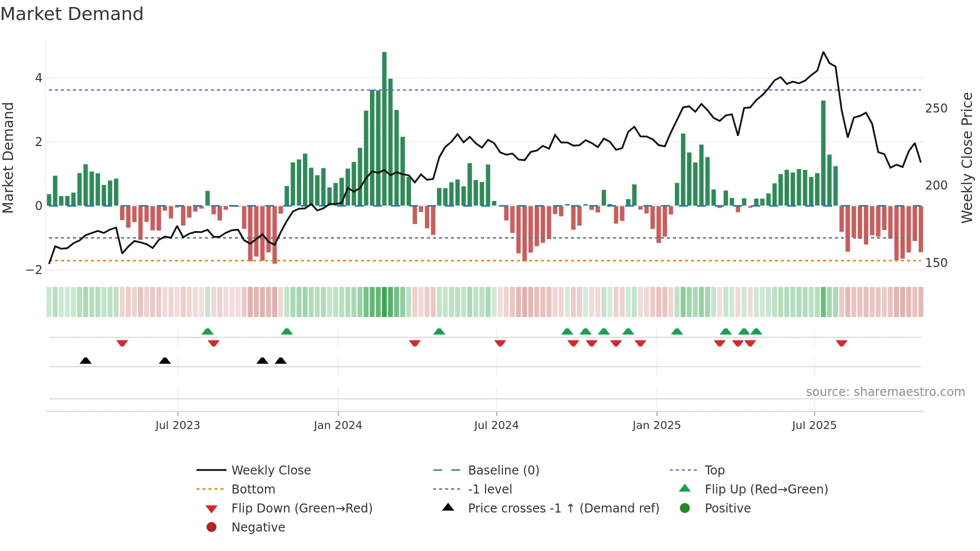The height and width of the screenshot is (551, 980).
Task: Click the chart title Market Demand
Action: (x=72, y=14)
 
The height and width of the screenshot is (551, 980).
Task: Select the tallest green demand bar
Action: (x=384, y=128)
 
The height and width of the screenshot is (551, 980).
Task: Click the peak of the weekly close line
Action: (x=823, y=52)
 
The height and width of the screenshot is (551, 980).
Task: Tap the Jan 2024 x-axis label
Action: (x=337, y=425)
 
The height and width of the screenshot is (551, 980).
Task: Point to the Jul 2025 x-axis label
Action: (x=813, y=425)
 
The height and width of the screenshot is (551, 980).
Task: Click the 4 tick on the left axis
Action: (x=38, y=78)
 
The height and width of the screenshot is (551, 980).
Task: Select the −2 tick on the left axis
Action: (x=34, y=270)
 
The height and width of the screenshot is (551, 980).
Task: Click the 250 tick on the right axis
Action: (x=936, y=108)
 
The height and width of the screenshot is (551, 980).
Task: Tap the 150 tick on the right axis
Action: (x=936, y=263)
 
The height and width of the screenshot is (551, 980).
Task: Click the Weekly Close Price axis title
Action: (x=967, y=157)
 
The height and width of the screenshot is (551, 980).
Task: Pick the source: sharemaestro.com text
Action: (x=885, y=392)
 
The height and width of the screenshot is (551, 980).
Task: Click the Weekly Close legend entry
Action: (x=270, y=470)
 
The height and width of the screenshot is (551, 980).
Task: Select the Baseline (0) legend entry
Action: (x=503, y=470)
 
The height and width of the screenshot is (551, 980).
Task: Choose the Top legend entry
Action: (x=714, y=470)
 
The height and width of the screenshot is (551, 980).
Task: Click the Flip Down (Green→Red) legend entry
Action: (x=301, y=508)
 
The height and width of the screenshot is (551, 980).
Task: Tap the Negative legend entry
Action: (x=258, y=527)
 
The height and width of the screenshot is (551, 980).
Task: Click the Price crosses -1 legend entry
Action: (x=563, y=508)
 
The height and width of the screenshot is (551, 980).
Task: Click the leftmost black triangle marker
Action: (x=85, y=360)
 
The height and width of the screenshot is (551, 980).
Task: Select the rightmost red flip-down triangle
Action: (x=841, y=343)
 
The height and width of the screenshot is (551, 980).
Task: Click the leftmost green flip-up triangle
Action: (x=207, y=331)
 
